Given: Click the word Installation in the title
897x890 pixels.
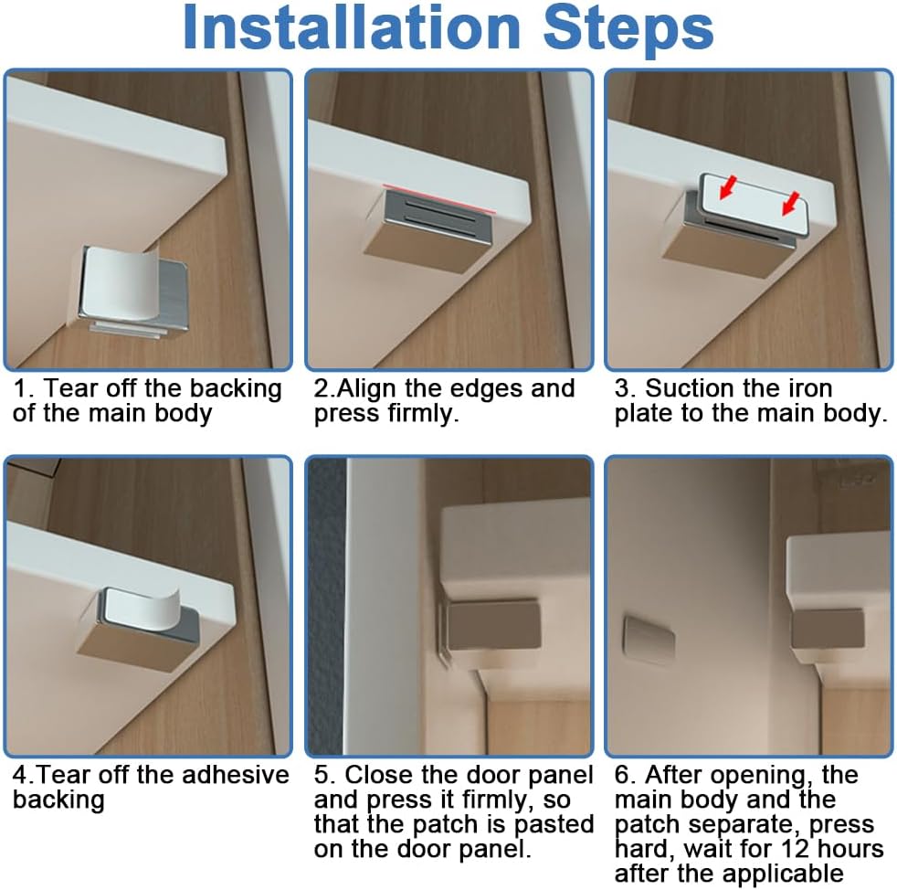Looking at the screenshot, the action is (352, 28).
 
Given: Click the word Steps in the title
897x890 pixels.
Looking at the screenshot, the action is (628, 30).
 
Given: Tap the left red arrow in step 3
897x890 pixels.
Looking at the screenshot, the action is (728, 187).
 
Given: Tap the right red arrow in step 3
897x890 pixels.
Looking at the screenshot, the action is (791, 204).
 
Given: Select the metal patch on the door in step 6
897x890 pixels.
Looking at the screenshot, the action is (649, 641).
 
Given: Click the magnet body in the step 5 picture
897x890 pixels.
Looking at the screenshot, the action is (493, 625).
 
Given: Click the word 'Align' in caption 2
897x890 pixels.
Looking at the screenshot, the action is (366, 389).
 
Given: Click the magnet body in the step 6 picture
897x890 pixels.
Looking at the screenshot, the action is (827, 629).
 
